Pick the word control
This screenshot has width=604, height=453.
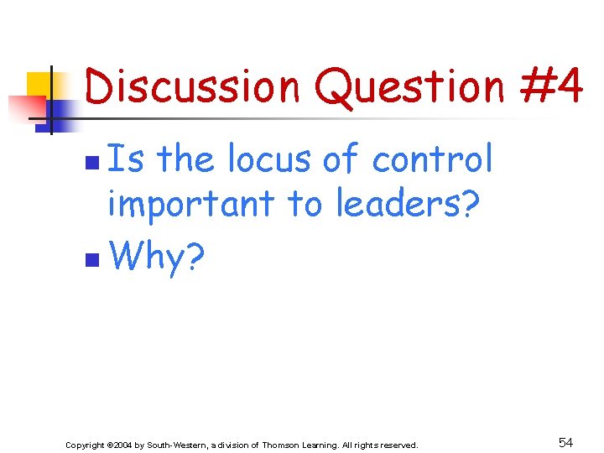point(432,159)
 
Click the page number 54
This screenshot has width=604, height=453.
point(565,442)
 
